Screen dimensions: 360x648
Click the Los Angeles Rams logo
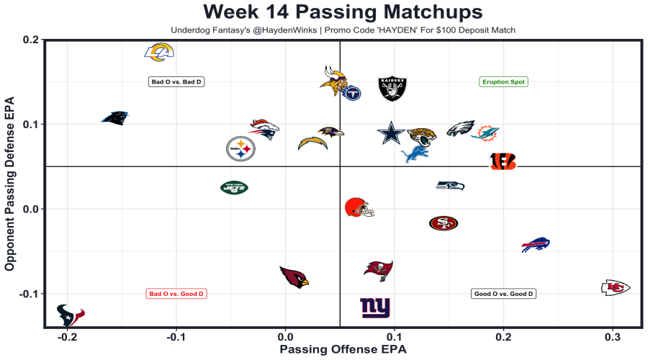160,52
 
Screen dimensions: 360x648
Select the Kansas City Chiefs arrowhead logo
615,287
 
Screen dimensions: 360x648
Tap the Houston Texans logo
71,315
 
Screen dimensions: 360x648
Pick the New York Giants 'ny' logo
375,307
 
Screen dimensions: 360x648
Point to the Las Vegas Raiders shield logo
392,89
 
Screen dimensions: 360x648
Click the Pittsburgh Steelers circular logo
240,149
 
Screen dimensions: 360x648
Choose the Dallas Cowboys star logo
391,132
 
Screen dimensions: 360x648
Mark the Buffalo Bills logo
535,244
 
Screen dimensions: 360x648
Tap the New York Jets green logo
234,188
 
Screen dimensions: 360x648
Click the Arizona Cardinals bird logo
294,276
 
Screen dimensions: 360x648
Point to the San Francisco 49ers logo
443,223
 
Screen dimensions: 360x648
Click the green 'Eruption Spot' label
503,82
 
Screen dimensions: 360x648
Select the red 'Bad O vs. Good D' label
176,294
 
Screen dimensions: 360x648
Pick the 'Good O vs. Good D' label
503,294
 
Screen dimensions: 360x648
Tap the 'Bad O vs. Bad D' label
176,82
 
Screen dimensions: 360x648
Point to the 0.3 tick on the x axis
613,336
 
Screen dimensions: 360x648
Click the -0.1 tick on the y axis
27,294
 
